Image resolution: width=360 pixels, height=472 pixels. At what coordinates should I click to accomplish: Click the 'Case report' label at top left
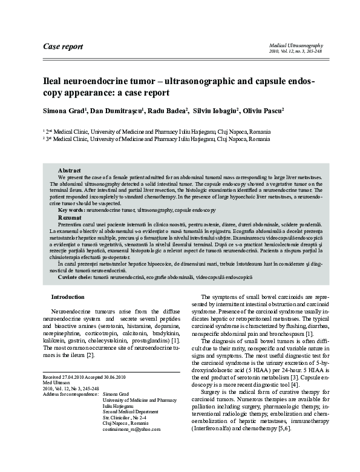click(63, 47)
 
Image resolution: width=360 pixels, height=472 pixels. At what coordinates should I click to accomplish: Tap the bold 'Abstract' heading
click(70, 171)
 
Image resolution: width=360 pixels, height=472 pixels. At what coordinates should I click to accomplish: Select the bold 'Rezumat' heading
click(70, 216)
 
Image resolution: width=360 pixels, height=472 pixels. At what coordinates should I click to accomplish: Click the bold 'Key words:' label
click(71, 209)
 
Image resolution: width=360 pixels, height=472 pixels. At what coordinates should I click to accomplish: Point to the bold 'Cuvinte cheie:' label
click(77, 276)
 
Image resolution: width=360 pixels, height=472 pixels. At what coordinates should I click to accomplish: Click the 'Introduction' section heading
click(68, 297)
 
